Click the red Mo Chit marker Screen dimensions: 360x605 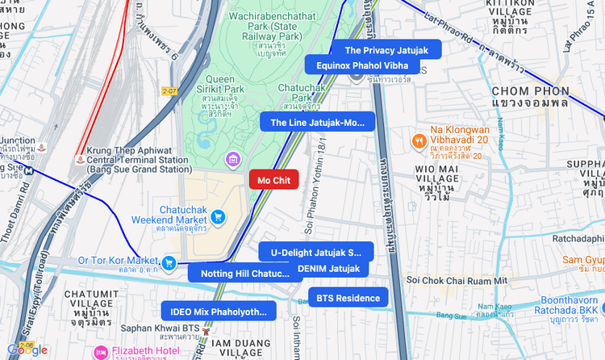273,180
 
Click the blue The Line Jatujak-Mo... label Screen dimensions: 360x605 317,123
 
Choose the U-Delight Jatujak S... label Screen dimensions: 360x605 315,252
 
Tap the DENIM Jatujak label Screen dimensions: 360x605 328,268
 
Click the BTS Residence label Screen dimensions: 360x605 348,298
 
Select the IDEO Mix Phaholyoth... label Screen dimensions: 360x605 218,312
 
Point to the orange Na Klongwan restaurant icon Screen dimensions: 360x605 418,140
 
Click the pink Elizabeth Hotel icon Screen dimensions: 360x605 101,351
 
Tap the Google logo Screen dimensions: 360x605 27,350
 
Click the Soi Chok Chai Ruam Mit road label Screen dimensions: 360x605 457,279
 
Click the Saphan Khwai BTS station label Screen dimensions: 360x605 160,329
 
